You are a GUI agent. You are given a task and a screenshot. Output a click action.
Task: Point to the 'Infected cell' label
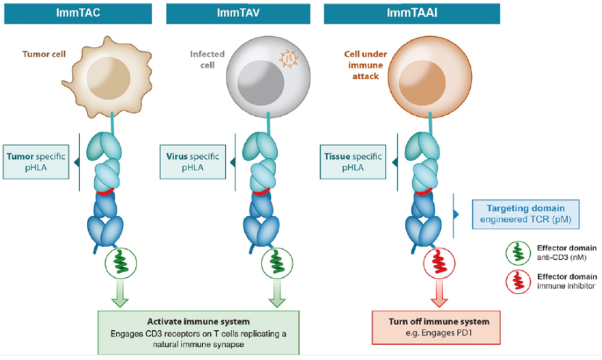[207, 59]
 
